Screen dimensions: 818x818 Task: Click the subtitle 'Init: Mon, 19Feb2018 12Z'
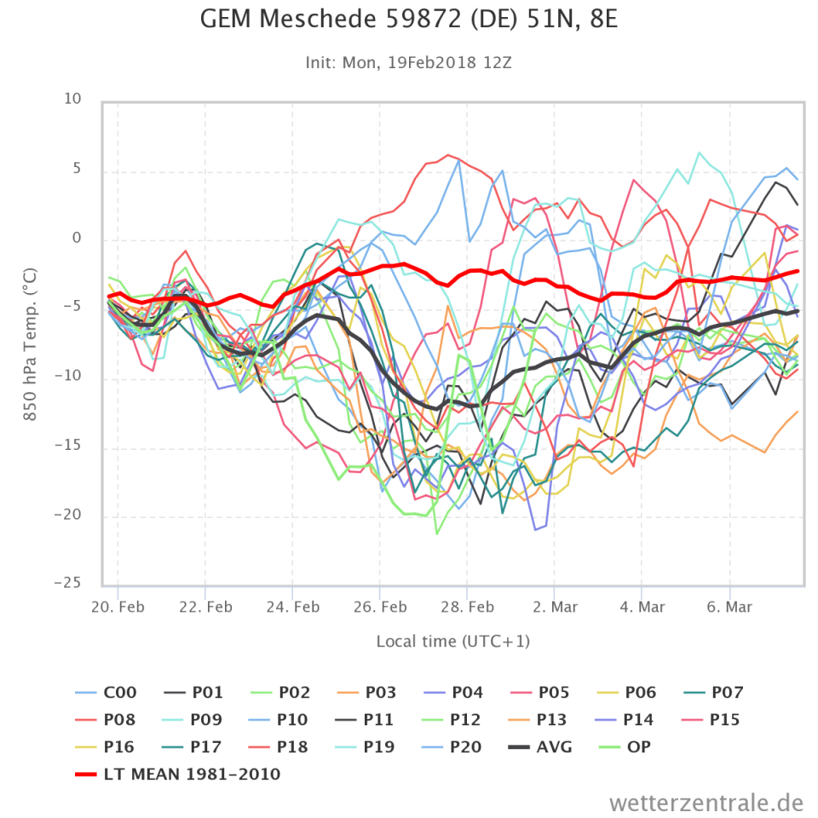408,62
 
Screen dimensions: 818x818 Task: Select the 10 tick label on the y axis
72,100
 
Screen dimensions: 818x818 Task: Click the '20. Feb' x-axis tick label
118,607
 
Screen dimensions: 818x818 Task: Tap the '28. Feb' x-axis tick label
468,607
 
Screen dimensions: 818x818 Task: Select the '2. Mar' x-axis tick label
555,607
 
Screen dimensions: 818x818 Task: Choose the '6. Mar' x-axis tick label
730,607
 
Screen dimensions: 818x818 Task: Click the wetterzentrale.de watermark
706,802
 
